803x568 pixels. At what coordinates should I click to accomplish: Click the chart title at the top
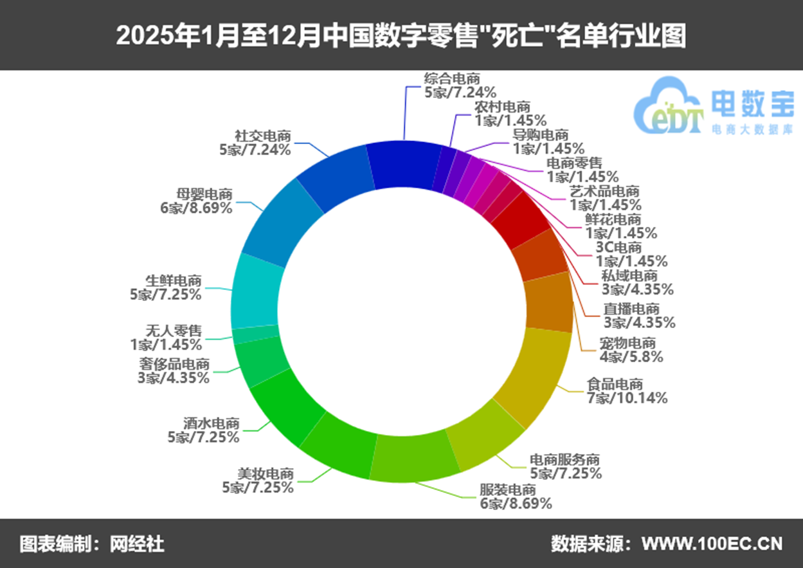coord(401,35)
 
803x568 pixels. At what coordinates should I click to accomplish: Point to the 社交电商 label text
coord(255,143)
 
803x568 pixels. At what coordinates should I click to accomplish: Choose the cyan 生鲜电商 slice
coord(257,291)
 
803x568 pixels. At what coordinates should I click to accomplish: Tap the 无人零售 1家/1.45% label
coord(166,338)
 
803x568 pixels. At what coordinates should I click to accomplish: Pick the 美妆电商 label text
coord(258,480)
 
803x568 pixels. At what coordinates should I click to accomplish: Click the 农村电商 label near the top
coord(510,113)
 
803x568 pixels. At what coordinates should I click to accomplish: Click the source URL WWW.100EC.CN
coord(712,544)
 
